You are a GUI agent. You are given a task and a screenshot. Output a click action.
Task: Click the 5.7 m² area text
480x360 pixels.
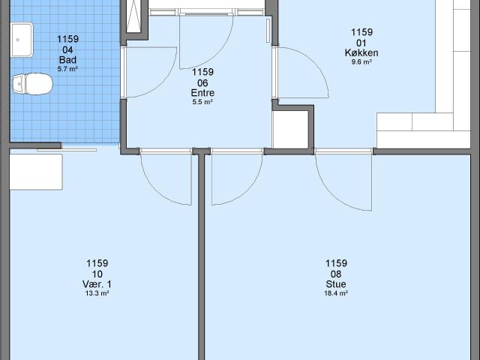pos(67,69)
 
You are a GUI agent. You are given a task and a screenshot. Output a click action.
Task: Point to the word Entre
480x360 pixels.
pos(202,92)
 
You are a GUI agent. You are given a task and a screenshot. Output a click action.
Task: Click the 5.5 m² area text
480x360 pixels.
pos(202,102)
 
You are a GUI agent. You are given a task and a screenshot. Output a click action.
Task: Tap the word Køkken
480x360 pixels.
pos(362,52)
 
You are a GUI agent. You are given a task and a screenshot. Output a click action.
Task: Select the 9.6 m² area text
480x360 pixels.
pos(362,62)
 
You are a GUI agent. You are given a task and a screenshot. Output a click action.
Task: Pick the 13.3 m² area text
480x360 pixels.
pos(97,293)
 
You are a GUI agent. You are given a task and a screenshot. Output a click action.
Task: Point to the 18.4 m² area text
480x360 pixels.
pos(336,293)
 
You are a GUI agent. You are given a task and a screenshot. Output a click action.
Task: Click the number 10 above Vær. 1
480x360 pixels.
pos(97,274)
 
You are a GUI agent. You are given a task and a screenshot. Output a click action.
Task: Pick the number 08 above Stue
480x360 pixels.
pos(336,274)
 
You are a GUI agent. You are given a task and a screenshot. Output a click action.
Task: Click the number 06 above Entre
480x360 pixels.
pos(202,82)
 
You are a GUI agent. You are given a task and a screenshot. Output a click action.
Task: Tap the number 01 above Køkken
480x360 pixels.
pos(362,43)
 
